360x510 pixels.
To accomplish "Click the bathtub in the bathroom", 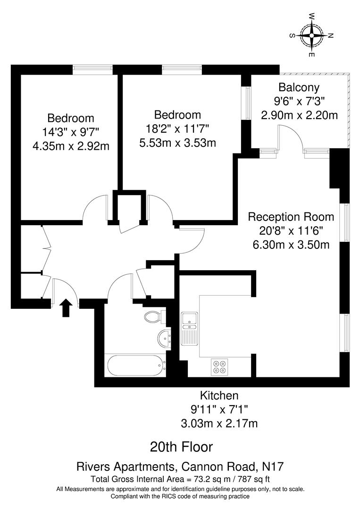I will [x=136, y=365].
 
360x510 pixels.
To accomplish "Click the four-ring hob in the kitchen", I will [x=220, y=367].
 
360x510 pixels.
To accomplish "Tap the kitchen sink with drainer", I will [x=189, y=328].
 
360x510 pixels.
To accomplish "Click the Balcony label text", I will [x=299, y=87].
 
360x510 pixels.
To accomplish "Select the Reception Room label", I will [x=291, y=217].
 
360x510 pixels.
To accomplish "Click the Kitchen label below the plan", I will [x=219, y=396].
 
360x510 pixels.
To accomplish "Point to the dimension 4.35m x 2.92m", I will [x=71, y=146].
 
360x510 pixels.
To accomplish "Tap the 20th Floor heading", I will [x=181, y=446].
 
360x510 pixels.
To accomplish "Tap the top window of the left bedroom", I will [x=92, y=69].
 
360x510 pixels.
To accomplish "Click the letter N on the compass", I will [x=331, y=35].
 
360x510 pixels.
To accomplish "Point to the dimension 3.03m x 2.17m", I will [x=219, y=423].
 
